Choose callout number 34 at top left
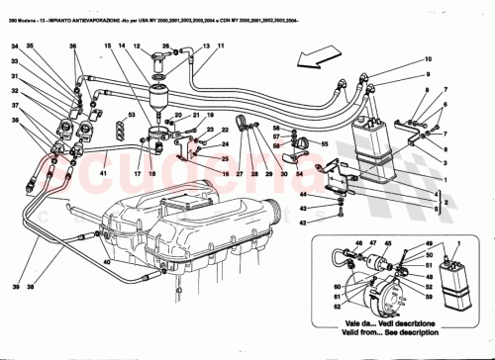(16, 46)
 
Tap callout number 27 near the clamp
(239, 174)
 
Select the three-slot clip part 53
(120, 129)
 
